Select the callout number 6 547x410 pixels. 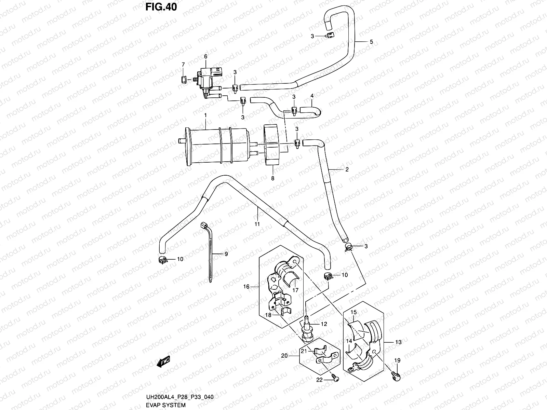pyautogui.click(x=206, y=56)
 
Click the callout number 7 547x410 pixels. pyautogui.click(x=183, y=64)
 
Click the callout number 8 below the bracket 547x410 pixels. pyautogui.click(x=272, y=178)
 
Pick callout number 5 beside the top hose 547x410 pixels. pyautogui.click(x=371, y=42)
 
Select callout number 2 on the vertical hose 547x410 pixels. pyautogui.click(x=347, y=169)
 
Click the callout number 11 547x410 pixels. pyautogui.click(x=257, y=224)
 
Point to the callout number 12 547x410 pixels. pyautogui.click(x=324, y=324)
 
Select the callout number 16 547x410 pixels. pyautogui.click(x=246, y=287)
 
